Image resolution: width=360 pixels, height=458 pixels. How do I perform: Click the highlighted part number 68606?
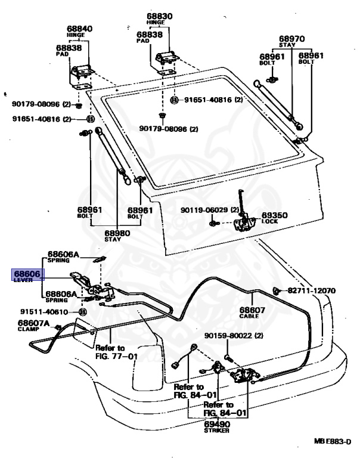[27, 274]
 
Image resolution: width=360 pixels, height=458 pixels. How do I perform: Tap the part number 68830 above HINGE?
[159, 16]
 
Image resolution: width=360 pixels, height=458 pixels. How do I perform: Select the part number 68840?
[80, 29]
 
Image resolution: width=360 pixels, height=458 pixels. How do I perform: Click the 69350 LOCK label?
[274, 218]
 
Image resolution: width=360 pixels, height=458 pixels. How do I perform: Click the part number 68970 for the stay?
[291, 39]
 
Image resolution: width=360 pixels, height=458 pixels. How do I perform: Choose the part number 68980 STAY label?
[117, 236]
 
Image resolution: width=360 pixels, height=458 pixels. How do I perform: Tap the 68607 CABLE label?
[252, 312]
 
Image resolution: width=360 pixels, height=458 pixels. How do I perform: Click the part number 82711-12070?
[312, 290]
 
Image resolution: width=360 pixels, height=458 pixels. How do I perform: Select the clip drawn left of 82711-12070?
[276, 291]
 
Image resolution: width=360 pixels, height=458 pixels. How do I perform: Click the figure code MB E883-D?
[333, 441]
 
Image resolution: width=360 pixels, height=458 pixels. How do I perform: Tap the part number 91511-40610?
[44, 312]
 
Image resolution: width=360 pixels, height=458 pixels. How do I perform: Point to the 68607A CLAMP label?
[33, 325]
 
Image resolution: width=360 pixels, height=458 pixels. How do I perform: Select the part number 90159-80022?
[234, 336]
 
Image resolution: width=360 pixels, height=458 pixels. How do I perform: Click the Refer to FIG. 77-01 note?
[116, 352]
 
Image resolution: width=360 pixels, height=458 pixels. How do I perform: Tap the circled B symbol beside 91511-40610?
[83, 312]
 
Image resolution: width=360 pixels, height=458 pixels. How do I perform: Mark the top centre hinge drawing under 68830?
[166, 62]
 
